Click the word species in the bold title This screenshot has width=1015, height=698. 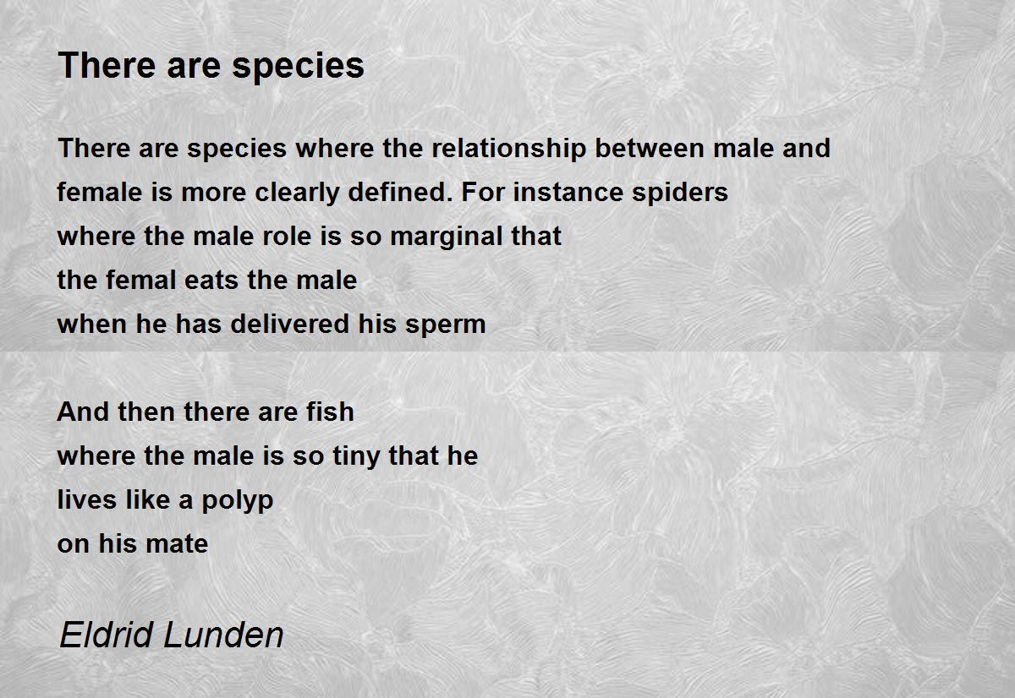coord(298,67)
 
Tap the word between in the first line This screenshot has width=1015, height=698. coord(650,148)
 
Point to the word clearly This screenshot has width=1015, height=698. coord(297,194)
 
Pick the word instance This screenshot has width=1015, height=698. coord(568,192)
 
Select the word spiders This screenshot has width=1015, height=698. coord(680,194)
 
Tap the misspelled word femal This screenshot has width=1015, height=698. coord(140,280)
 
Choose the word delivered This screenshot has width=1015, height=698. coord(290,324)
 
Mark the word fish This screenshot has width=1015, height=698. coord(330,412)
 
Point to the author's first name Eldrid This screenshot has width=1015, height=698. coord(106,635)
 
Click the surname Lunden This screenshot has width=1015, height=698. coord(223,635)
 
